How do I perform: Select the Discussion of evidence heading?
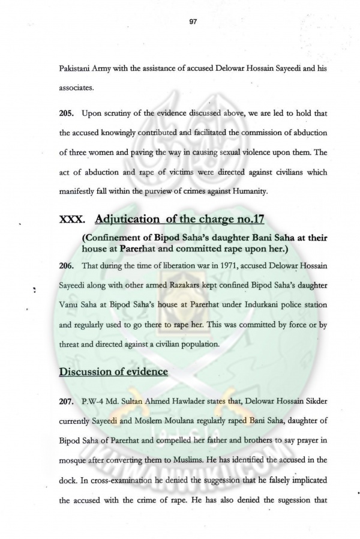click(x=113, y=371)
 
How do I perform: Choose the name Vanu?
click(x=70, y=305)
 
